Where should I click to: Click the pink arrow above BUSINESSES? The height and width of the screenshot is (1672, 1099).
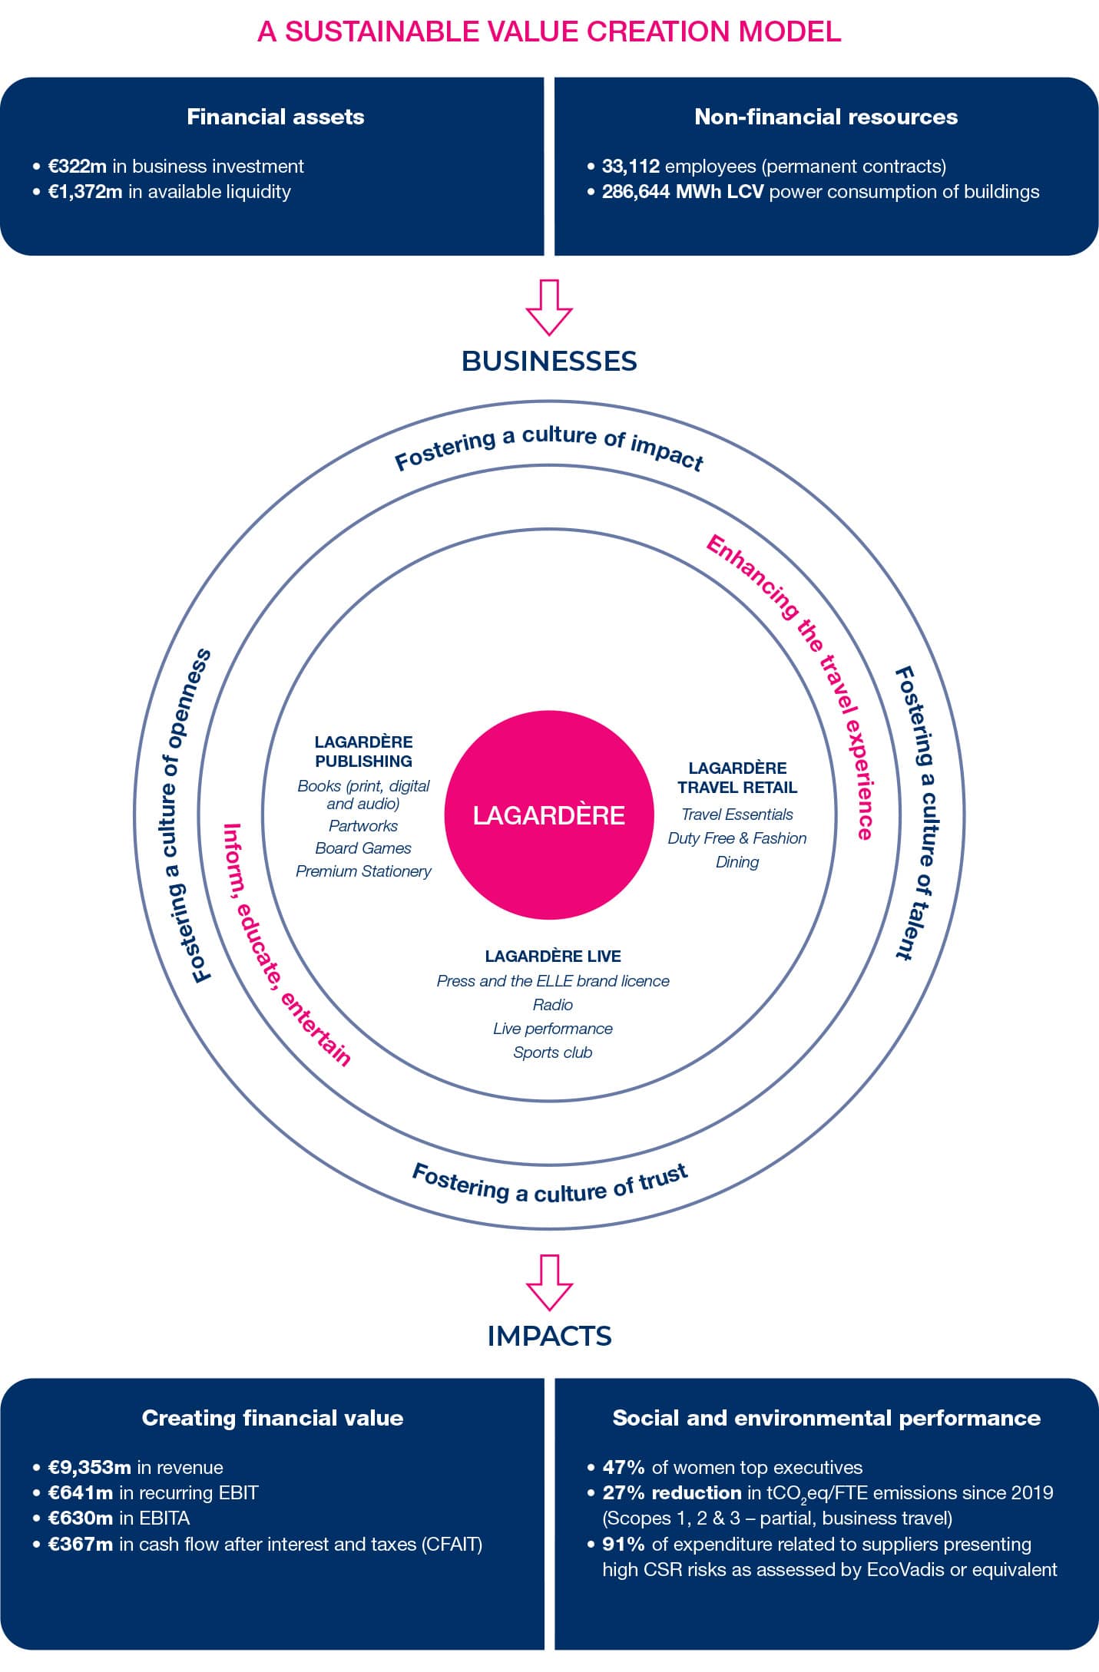coord(549,307)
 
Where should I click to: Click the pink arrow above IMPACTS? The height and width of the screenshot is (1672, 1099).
coord(549,1282)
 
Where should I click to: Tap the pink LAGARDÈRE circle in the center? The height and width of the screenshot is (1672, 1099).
coord(548,815)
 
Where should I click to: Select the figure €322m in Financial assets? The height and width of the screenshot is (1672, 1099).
coord(78,167)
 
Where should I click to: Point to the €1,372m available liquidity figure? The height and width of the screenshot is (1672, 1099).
coord(85,192)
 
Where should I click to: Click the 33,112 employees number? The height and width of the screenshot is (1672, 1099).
coord(631,167)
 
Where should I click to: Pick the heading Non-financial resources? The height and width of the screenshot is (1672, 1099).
coord(826,117)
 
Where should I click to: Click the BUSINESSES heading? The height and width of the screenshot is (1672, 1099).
coord(549,361)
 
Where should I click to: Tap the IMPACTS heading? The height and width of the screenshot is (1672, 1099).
coord(549,1336)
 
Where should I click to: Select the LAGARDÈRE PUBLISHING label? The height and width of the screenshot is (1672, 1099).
coord(363,752)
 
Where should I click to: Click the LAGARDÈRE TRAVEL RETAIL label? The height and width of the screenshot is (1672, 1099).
coord(737,778)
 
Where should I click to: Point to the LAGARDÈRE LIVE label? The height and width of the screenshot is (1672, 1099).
coord(553,956)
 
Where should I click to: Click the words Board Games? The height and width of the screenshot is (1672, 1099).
coord(363,848)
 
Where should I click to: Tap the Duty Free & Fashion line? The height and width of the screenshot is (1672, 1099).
coord(737,838)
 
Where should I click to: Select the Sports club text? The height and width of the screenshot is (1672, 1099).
coord(553,1052)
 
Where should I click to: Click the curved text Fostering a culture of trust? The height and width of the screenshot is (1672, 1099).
coord(550,1186)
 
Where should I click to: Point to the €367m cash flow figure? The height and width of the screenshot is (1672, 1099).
coord(81,1545)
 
